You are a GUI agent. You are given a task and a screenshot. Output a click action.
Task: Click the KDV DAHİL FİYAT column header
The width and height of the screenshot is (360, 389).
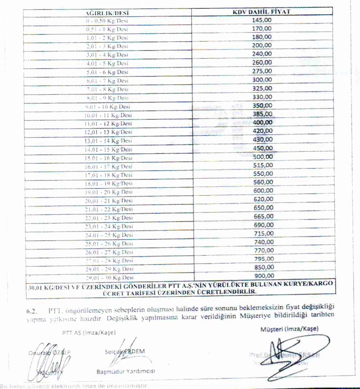tap(262, 11)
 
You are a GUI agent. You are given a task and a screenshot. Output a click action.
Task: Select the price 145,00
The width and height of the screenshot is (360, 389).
tap(262, 20)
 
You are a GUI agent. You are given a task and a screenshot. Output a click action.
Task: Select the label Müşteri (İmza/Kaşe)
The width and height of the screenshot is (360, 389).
tap(290, 329)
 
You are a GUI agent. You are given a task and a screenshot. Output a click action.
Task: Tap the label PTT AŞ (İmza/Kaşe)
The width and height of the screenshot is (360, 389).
tap(85, 332)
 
